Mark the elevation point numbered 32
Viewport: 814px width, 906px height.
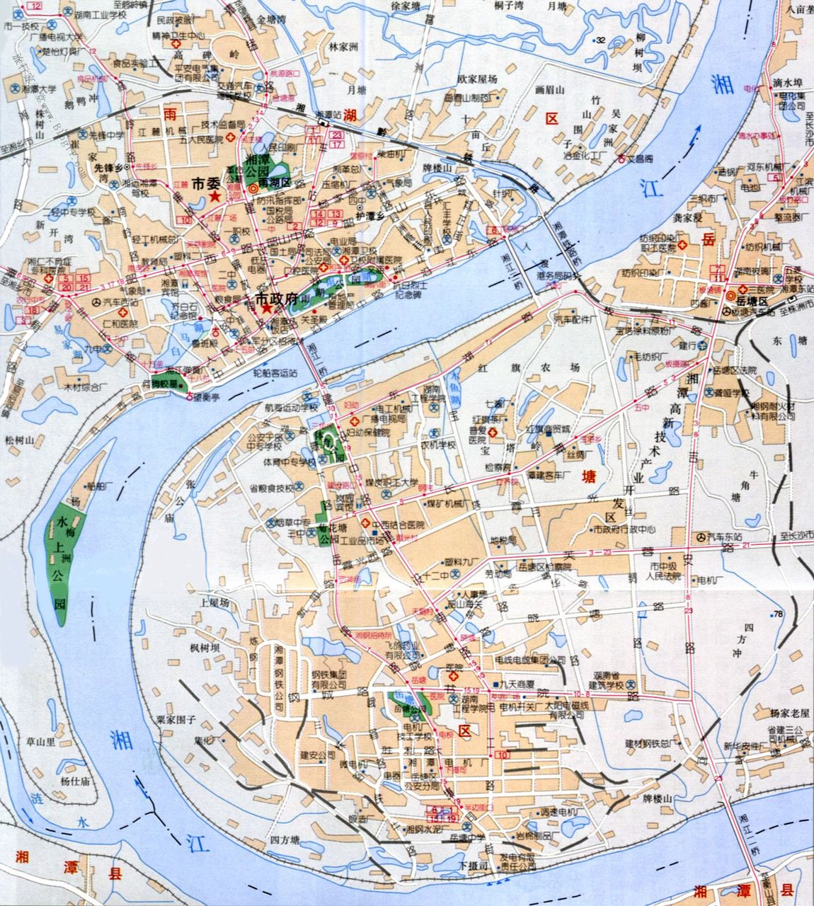(x=600, y=40)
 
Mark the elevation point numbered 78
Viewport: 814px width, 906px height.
(x=779, y=614)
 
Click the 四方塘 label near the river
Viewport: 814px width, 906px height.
(x=285, y=840)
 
